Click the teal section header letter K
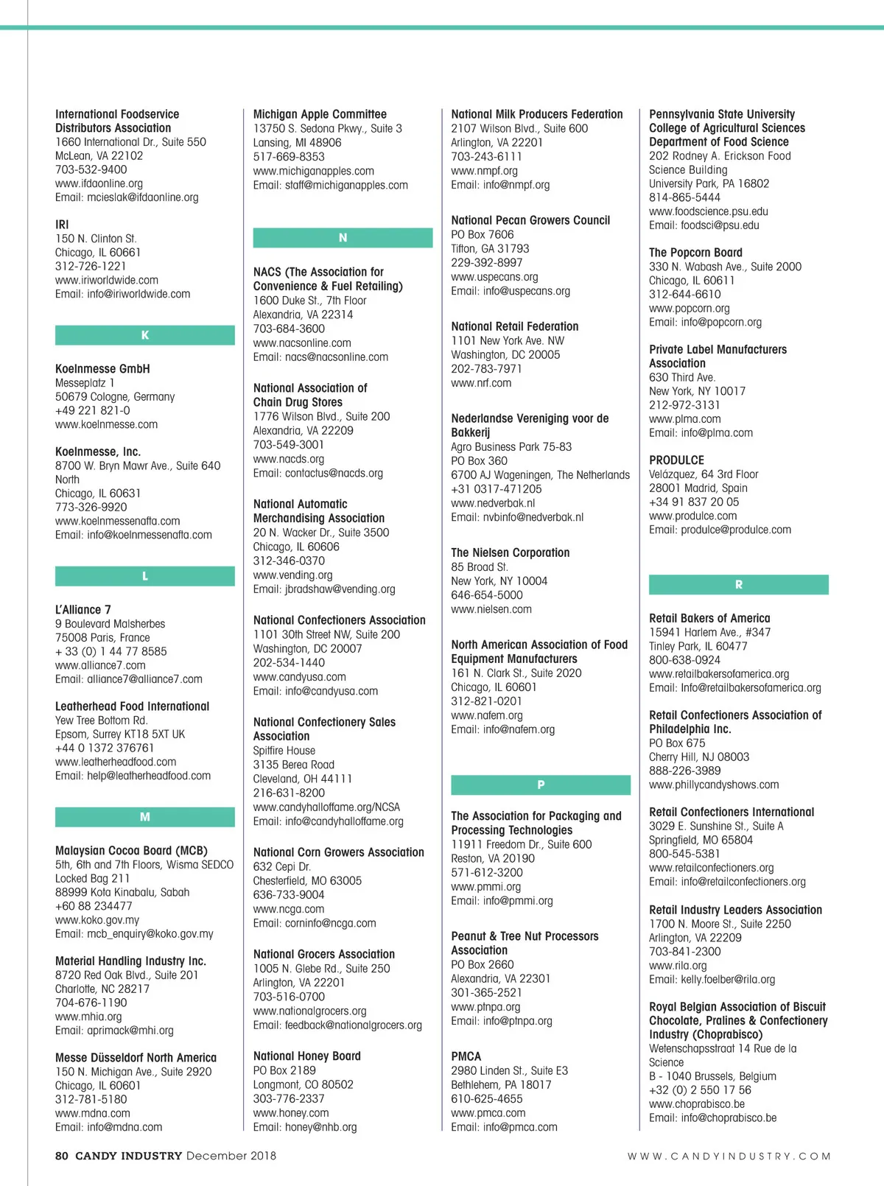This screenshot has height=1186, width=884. [145, 335]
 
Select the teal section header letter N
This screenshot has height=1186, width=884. [343, 238]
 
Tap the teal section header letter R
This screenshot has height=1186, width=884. [739, 585]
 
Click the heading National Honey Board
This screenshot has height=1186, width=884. [307, 1056]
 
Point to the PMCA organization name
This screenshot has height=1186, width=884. [466, 1056]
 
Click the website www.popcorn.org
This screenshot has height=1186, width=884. [690, 309]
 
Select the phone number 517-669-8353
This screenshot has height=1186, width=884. [289, 157]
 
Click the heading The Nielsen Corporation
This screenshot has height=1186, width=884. [511, 552]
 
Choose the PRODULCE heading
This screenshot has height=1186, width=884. [676, 460]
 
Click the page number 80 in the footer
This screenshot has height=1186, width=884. [62, 1156]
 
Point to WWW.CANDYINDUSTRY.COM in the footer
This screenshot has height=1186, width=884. [729, 1157]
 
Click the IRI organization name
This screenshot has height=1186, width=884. [62, 225]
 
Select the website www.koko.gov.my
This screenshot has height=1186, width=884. [97, 920]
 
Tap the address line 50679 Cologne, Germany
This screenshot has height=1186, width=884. [115, 397]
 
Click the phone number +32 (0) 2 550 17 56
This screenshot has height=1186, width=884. [700, 1090]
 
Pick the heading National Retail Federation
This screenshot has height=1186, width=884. [515, 326]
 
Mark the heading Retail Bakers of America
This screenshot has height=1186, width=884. [709, 619]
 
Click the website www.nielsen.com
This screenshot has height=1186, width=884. [491, 609]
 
